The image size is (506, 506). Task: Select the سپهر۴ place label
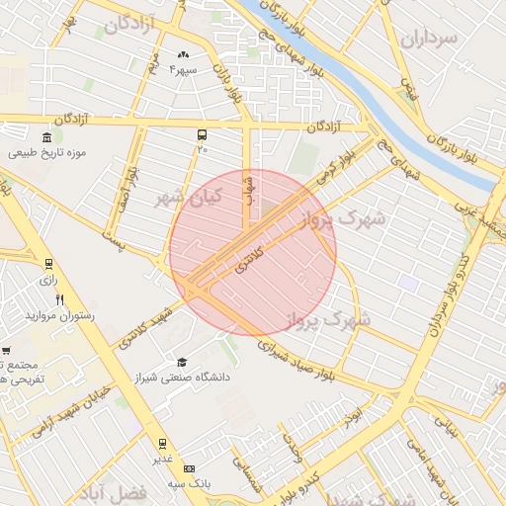tap(183, 69)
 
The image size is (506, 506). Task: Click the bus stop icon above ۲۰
tap(202, 134)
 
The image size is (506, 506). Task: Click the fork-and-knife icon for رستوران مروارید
tap(60, 300)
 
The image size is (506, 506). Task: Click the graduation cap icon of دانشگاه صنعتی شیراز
tap(181, 362)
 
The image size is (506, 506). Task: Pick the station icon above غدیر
tap(162, 444)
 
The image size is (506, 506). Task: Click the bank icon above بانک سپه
tap(190, 468)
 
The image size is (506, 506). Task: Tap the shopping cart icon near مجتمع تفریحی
tap(6, 351)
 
